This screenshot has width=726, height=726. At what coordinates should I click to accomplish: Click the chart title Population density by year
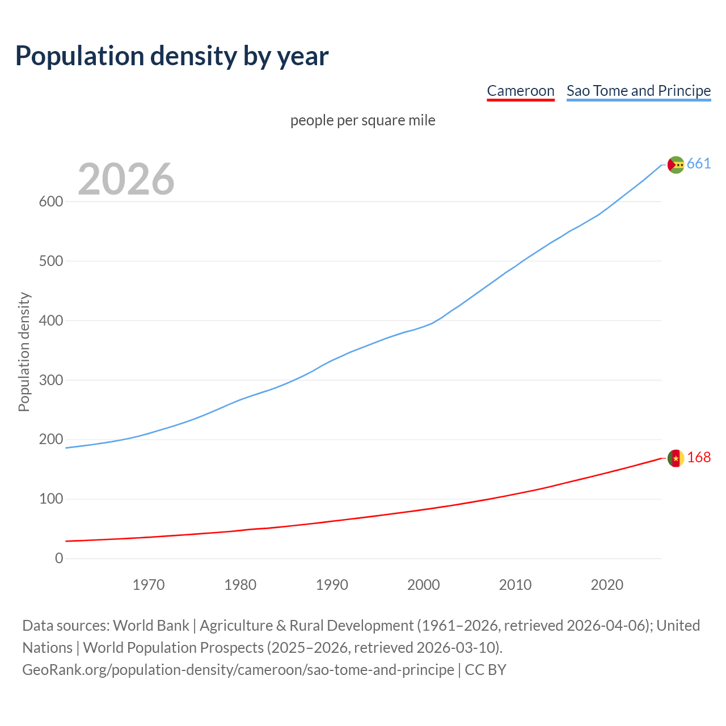click(x=172, y=56)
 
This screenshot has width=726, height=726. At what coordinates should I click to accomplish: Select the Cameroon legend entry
click(x=520, y=91)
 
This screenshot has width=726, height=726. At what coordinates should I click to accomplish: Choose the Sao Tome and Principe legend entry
click(x=639, y=91)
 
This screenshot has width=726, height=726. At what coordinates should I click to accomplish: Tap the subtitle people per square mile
click(x=363, y=120)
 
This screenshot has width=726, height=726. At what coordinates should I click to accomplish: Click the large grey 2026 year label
click(x=126, y=179)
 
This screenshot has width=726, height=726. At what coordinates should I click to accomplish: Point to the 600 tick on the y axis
click(x=51, y=202)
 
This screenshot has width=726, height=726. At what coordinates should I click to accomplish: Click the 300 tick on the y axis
click(x=51, y=380)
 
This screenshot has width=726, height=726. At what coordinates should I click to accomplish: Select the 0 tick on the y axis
click(x=59, y=559)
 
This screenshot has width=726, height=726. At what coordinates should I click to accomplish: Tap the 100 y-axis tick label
click(x=51, y=499)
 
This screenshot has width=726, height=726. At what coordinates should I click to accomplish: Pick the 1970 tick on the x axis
click(x=149, y=585)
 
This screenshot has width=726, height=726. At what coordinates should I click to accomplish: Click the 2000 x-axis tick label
click(x=424, y=585)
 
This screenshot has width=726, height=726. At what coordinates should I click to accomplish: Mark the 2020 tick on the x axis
click(x=607, y=585)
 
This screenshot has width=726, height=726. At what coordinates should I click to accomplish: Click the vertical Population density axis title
click(x=24, y=352)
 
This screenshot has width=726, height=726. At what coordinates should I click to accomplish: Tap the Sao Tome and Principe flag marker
click(x=676, y=164)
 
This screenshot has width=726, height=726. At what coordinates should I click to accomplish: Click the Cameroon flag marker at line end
click(x=676, y=458)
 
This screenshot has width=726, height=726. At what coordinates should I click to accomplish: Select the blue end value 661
click(x=699, y=164)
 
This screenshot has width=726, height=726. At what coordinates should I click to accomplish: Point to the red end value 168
click(x=699, y=458)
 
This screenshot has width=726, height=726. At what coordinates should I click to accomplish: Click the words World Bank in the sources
click(x=151, y=626)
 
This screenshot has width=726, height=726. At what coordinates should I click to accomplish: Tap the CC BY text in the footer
click(x=486, y=670)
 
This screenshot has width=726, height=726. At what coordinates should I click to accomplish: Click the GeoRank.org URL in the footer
click(x=238, y=670)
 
